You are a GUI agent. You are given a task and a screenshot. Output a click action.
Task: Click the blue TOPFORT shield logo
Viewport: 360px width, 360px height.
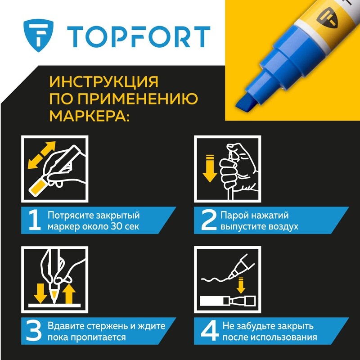pyautogui.click(x=38, y=36)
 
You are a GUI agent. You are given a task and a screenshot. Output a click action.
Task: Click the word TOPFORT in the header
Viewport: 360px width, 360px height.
pyautogui.click(x=139, y=37)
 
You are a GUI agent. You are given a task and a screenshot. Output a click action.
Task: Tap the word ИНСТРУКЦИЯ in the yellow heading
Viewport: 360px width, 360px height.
pyautogui.click(x=104, y=81)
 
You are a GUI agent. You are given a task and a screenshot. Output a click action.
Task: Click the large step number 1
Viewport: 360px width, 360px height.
pyautogui.click(x=35, y=220)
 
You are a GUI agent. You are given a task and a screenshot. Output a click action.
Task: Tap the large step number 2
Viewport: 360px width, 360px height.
pyautogui.click(x=209, y=220)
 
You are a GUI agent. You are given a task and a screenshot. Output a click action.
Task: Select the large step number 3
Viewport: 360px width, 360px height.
pyautogui.click(x=34, y=331)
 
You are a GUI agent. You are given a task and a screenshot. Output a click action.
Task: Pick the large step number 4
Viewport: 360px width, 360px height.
pyautogui.click(x=209, y=331)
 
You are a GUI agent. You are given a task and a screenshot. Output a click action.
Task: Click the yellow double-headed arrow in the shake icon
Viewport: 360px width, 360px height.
pyautogui.click(x=41, y=155)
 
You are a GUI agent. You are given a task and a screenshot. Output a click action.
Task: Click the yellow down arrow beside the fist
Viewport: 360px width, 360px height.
pyautogui.click(x=210, y=168)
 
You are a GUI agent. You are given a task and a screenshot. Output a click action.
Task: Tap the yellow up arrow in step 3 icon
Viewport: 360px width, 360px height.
pyautogui.click(x=69, y=294)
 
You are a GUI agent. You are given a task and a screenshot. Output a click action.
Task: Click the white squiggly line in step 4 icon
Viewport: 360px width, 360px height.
pyautogui.click(x=216, y=279)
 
